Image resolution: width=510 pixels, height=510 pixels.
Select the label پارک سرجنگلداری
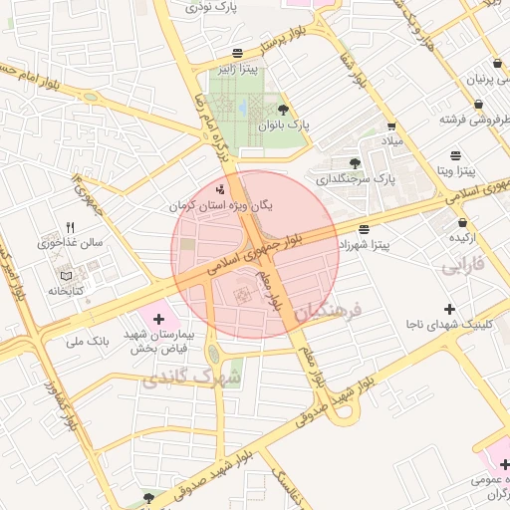pos(357,180)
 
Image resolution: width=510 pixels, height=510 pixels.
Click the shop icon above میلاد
pos(391,127)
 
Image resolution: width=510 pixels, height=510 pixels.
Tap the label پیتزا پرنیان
pos(484,78)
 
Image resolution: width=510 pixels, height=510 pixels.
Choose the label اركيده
pos(465,237)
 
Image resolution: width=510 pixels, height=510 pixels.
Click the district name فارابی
pos(463,266)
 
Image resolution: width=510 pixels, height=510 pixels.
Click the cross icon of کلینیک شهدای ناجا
pos(449,309)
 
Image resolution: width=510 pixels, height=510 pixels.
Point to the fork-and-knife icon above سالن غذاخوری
pos(70,227)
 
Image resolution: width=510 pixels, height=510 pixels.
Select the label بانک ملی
pos(86,342)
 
